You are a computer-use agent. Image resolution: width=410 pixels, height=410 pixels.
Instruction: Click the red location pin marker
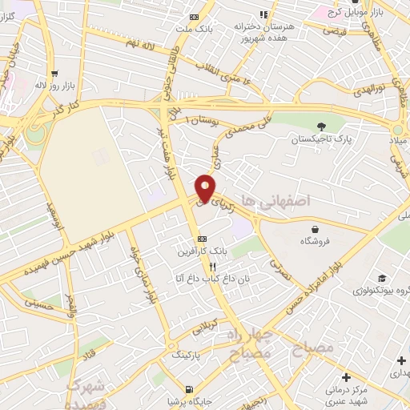point(206,188)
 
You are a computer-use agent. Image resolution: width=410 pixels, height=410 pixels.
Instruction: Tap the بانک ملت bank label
point(195,30)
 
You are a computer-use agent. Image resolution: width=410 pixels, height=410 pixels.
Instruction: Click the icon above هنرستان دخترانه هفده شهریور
point(263,15)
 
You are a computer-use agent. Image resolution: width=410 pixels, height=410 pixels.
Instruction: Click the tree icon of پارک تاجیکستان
point(321,126)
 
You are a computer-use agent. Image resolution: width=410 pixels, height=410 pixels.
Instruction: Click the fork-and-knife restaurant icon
point(212,267)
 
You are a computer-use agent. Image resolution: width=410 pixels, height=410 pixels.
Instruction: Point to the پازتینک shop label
point(187,352)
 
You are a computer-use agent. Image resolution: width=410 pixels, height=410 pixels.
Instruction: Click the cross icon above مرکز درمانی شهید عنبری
point(345,377)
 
